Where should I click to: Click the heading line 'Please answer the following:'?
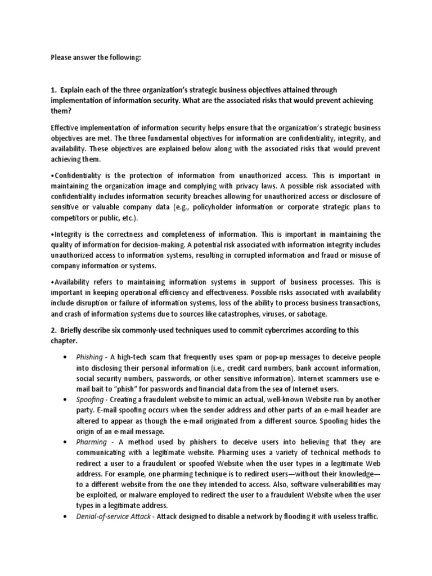tap(95, 57)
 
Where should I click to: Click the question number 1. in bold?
tap(54, 90)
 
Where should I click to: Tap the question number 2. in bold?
tap(54, 330)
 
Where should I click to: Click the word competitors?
tap(71, 218)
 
